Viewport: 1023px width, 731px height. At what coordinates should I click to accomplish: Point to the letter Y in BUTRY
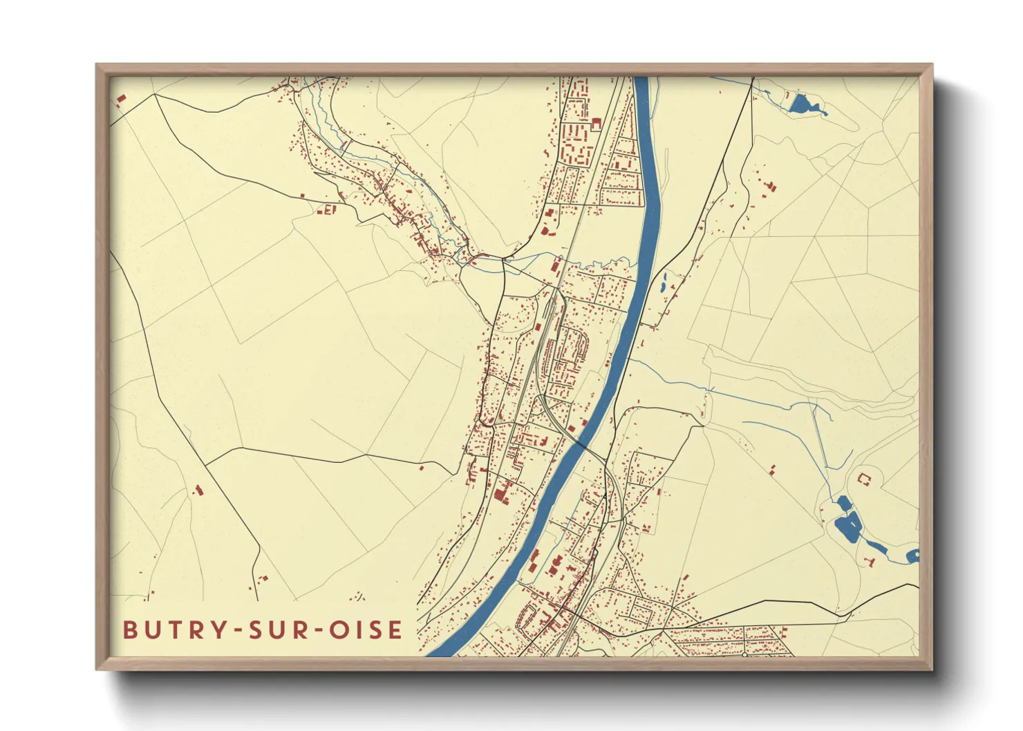click(x=220, y=629)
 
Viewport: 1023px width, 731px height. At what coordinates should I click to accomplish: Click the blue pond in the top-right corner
click(x=801, y=104)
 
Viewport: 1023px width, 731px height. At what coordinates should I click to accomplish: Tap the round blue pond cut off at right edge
click(x=912, y=556)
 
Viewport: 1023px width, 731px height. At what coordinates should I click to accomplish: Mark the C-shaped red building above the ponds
click(x=863, y=477)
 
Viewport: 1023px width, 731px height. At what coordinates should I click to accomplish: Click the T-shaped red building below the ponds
click(x=870, y=561)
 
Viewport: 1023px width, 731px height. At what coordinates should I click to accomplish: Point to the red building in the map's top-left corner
click(x=121, y=100)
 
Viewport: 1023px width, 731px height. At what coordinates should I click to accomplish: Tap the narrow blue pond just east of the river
click(x=664, y=281)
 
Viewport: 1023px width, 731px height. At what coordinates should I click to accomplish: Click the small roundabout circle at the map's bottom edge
click(x=744, y=654)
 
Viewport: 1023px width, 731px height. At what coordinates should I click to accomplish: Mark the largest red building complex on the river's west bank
click(x=501, y=491)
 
